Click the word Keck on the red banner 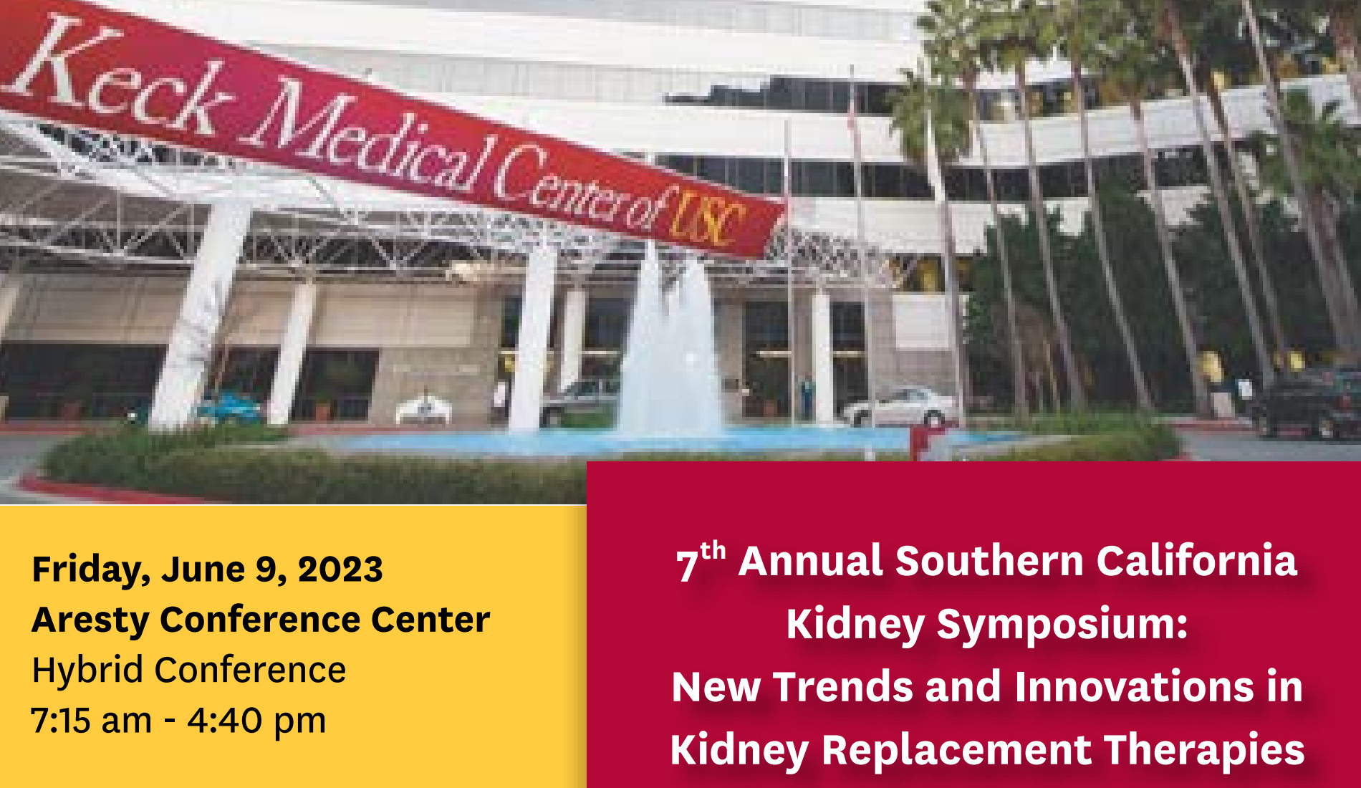coord(118,79)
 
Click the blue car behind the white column coord(229,408)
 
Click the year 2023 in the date coord(340,570)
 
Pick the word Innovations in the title coord(1135,686)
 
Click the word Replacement coord(956,751)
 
